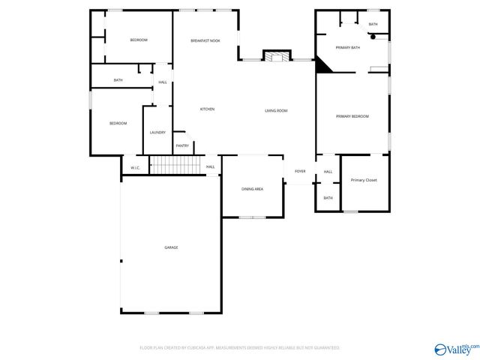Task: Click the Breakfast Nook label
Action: [x=205, y=40]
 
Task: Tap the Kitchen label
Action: [x=207, y=109]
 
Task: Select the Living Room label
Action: [x=276, y=111]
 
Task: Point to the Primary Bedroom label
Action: [x=352, y=116]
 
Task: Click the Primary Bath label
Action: [x=348, y=48]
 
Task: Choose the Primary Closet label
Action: [x=364, y=181]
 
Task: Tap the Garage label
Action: [x=171, y=247]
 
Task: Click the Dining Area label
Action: [x=252, y=189]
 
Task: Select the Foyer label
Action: [x=300, y=172]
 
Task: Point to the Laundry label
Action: [x=157, y=133]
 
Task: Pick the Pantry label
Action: [x=182, y=145]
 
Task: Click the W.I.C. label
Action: [x=135, y=167]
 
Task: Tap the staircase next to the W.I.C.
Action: [x=176, y=165]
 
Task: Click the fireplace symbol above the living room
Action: [x=275, y=56]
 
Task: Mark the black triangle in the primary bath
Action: [x=322, y=66]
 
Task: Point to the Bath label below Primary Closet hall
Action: [x=328, y=198]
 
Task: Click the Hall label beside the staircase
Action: [x=211, y=166]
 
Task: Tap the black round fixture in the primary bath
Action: [x=373, y=37]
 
